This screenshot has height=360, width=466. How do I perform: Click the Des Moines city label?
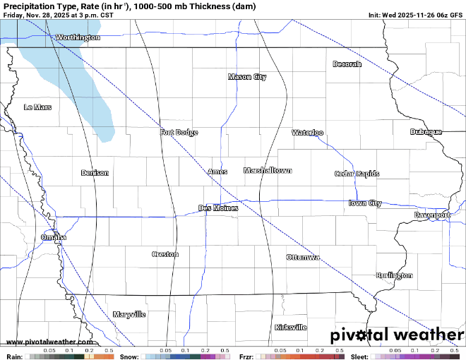pyautogui.click(x=218, y=208)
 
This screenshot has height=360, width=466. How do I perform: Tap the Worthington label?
pyautogui.click(x=78, y=37)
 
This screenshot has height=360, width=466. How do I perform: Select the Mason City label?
pyautogui.click(x=247, y=77)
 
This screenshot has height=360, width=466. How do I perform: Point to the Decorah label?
pyautogui.click(x=347, y=64)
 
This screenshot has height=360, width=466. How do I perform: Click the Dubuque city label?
pyautogui.click(x=426, y=132)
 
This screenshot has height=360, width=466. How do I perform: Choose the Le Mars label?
pyautogui.click(x=37, y=107)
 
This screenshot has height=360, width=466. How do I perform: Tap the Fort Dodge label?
pyautogui.click(x=179, y=133)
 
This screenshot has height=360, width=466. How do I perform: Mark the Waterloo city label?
pyautogui.click(x=308, y=133)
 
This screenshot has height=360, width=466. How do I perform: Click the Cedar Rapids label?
pyautogui.click(x=357, y=174)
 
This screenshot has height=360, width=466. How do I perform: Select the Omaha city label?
pyautogui.click(x=54, y=238)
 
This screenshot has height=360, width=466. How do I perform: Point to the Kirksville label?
pyautogui.click(x=290, y=328)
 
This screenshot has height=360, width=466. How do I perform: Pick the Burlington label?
pyautogui.click(x=394, y=275)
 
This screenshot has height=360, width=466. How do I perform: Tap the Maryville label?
pyautogui.click(x=129, y=314)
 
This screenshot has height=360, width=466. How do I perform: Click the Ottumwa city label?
pyautogui.click(x=303, y=258)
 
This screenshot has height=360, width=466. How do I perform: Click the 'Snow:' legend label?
pyautogui.click(x=129, y=356)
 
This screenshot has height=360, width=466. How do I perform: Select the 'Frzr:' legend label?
pyautogui.click(x=248, y=356)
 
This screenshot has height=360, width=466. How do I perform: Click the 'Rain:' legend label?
pyautogui.click(x=13, y=356)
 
